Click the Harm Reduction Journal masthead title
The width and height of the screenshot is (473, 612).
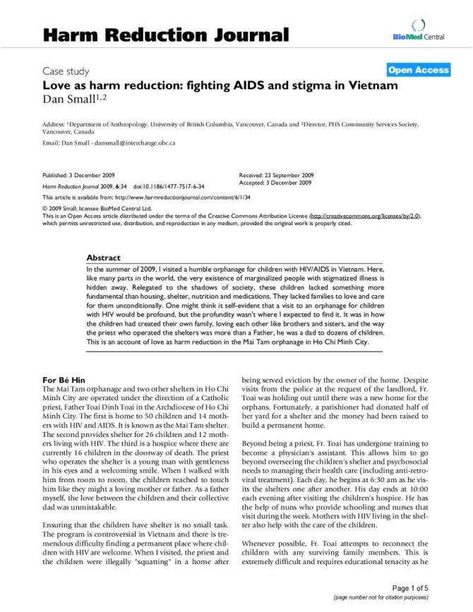166,35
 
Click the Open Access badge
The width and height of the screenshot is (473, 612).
419,70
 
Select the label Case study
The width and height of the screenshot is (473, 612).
66,71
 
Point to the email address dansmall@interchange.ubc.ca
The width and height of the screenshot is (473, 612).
132,143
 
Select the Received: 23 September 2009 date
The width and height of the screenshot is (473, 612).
277,175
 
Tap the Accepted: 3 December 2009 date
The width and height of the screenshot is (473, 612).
275,183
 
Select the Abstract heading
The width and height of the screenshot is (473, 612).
103,258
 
